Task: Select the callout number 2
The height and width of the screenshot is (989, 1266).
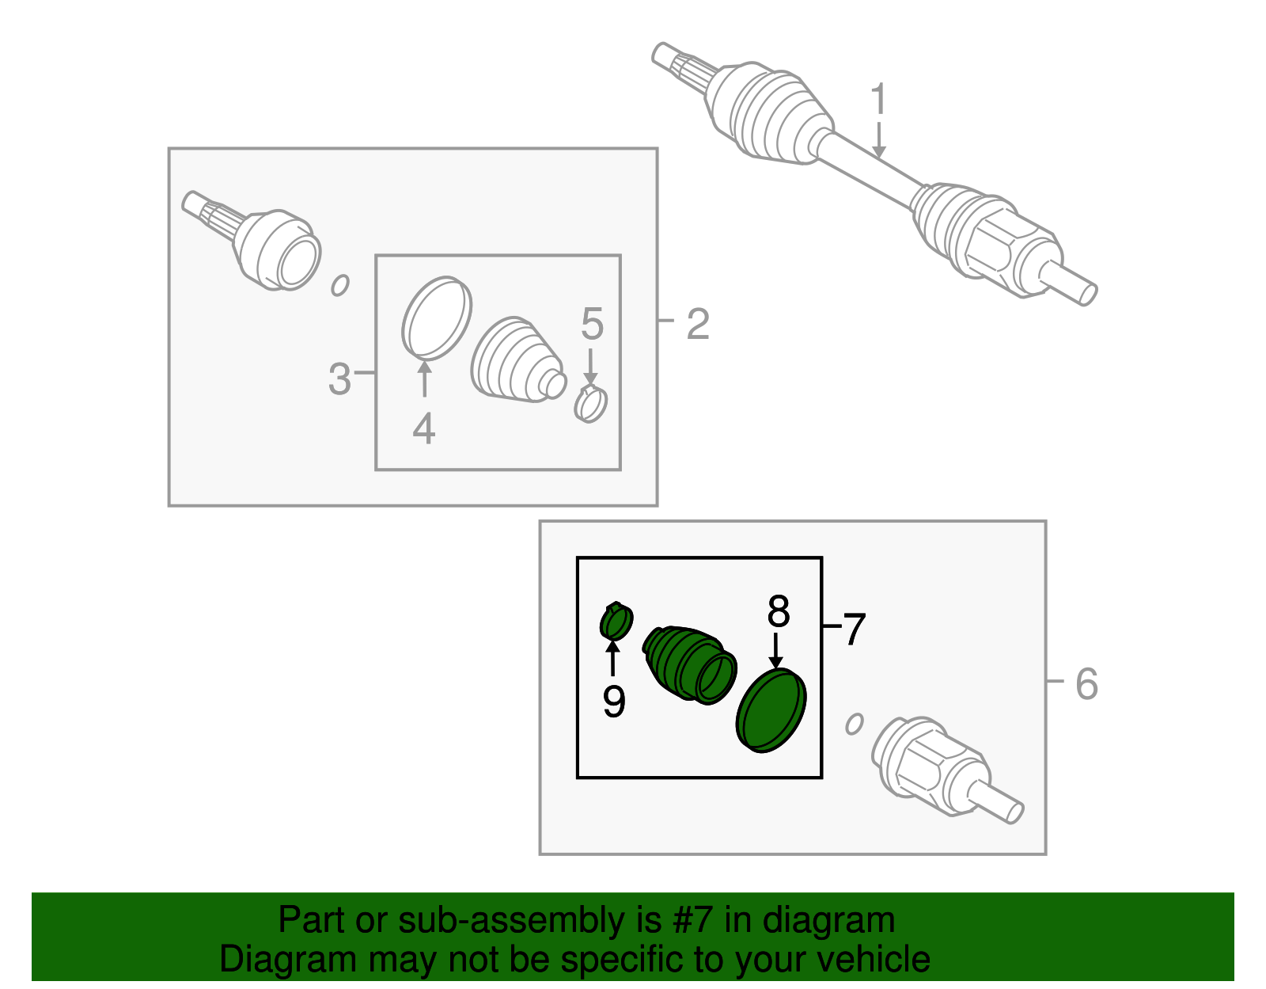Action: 698,324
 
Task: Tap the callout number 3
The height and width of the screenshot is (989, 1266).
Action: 339,378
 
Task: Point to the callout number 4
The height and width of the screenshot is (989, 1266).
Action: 424,428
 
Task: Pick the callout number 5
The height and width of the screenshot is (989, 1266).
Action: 592,324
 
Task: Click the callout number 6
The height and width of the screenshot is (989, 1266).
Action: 1086,683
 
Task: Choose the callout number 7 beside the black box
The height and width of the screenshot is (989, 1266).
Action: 854,630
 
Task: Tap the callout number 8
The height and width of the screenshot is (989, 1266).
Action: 779,611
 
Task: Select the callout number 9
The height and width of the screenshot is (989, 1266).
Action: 614,701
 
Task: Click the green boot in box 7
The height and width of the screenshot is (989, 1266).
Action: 690,665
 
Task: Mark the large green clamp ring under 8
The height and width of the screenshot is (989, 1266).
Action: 771,710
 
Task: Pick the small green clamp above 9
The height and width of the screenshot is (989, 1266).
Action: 616,622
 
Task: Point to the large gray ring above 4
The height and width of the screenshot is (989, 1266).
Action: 436,318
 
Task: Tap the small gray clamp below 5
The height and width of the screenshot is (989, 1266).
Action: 590,403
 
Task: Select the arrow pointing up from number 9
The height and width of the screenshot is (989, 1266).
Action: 613,658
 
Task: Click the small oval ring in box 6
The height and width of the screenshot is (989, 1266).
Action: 854,725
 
